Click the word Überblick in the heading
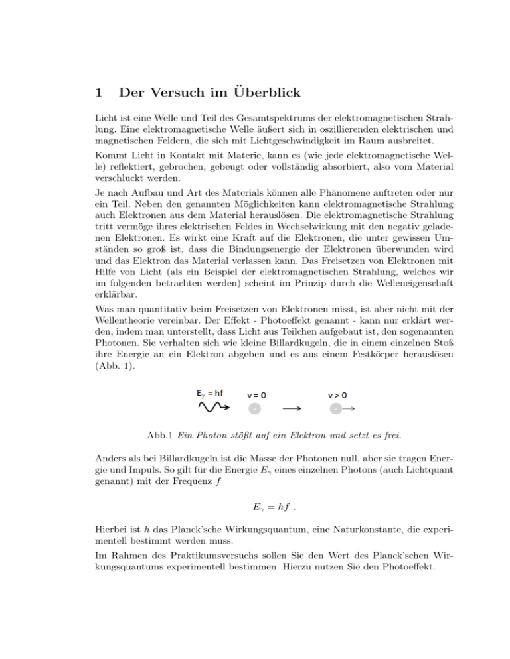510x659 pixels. (x=268, y=91)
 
